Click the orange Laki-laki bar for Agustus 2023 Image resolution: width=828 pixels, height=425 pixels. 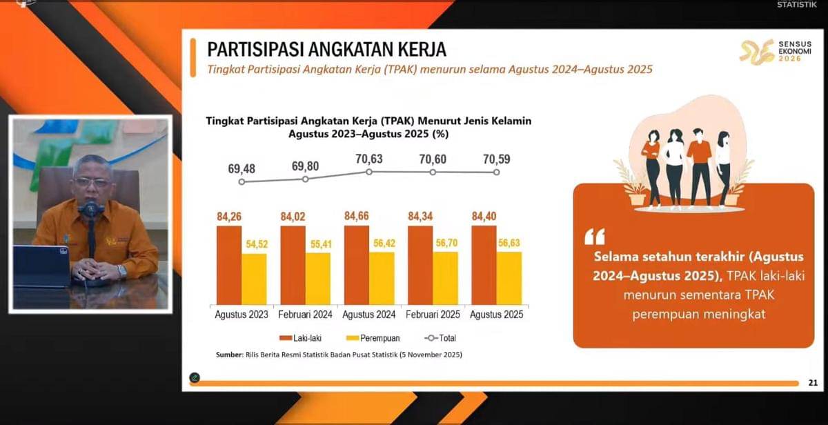click(x=229, y=265)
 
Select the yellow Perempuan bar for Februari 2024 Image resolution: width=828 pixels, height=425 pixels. click(x=318, y=278)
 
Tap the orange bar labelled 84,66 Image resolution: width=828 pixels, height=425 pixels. click(x=357, y=265)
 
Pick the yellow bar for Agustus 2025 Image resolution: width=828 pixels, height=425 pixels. click(x=509, y=277)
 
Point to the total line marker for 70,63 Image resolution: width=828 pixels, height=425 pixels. click(x=369, y=171)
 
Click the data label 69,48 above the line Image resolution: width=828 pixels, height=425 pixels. click(x=241, y=168)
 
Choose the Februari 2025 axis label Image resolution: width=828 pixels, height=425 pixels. click(x=433, y=315)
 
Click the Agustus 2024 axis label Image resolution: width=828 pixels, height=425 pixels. click(x=369, y=315)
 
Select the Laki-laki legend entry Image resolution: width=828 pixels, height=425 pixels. click(x=301, y=338)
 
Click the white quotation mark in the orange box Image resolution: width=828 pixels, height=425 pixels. click(x=594, y=237)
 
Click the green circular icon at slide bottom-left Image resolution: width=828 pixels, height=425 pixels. click(x=195, y=377)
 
